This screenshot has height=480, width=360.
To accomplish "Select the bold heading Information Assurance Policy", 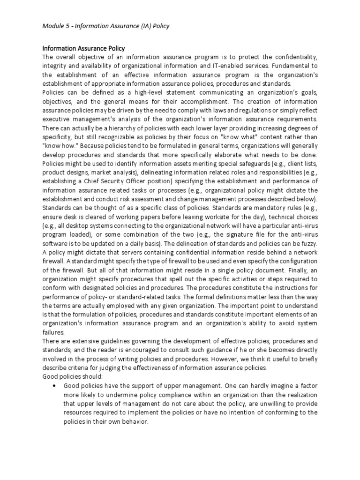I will tap(83, 48).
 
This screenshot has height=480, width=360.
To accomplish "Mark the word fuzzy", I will tap(307, 244).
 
